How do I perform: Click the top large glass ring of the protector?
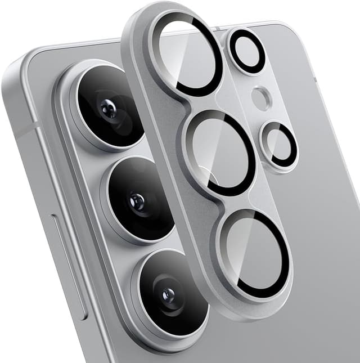[188, 53]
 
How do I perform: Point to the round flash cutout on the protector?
[261, 98]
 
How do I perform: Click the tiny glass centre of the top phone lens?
[108, 109]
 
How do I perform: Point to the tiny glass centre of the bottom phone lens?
[168, 294]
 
